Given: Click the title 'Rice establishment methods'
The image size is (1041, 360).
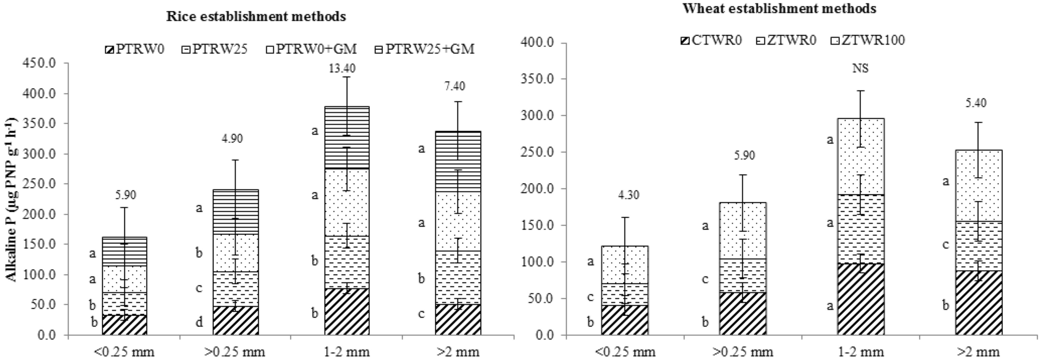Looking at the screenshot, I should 256,17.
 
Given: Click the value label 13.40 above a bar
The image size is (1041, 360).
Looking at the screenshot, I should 342,68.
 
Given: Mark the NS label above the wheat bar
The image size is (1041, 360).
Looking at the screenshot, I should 860,68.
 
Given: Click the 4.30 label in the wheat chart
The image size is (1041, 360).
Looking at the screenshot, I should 628,195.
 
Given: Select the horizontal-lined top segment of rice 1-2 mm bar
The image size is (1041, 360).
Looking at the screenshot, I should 346,137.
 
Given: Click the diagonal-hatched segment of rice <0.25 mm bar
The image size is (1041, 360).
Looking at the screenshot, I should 124,325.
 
